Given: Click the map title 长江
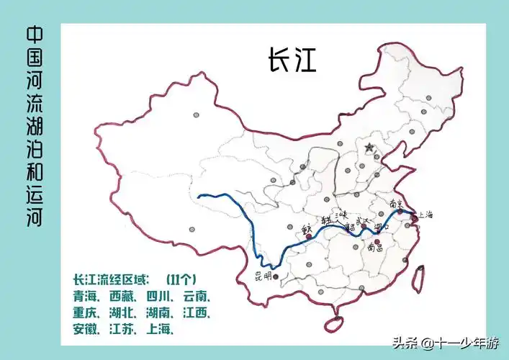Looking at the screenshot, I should coord(292,60).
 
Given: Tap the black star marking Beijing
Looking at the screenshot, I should coord(369,148).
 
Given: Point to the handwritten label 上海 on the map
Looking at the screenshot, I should coord(426,215).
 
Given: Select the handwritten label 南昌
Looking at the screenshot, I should coord(374,247).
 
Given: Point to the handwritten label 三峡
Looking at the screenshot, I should coord(341,214).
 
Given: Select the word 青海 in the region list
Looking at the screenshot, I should coord(86,297).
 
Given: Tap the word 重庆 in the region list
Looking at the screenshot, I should coord(86,313).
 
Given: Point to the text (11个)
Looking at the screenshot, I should coord(181,279).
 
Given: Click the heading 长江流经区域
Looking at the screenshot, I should coord(108,279).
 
